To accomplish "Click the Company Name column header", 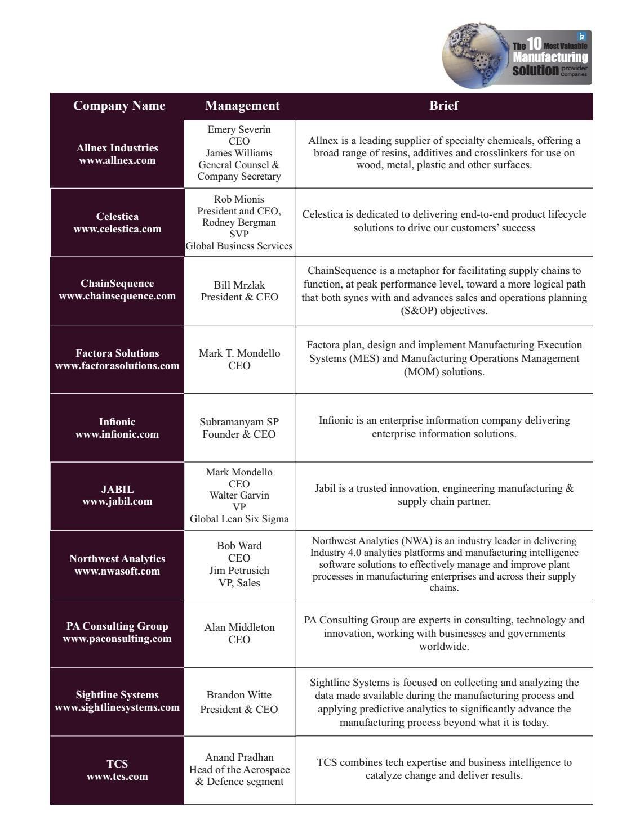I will pos(119,106).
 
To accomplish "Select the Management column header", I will pos(242,106).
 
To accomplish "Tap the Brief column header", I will pos(443,106).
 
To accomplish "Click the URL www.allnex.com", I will pos(117,160).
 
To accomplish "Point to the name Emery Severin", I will pos(239,129).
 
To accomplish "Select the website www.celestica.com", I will pos(117,229).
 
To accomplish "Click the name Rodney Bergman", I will pos(239,222).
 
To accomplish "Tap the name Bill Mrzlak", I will pos(239,285).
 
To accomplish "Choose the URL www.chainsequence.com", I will pos(117,296).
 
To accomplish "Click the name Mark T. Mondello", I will pos(239,353).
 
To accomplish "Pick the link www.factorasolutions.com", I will pos(117,366).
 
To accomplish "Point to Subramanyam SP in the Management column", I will pos(239,422).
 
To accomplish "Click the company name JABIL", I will pos(117,490).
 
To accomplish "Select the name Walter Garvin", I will pos(239,495).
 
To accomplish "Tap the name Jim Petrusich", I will pos(239,571).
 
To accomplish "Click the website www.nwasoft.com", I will pos(117,571).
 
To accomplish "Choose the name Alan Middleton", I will pos(239,627).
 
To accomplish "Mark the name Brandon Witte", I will pos(239,695).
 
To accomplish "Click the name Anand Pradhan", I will pos(239,757).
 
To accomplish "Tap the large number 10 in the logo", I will pos(534,44).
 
